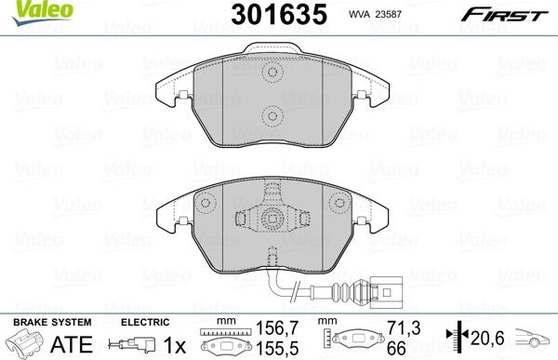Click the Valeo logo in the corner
[42, 13]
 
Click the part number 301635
[279, 14]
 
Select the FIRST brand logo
[504, 15]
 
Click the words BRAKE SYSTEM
[52, 322]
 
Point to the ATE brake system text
[72, 344]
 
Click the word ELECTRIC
[145, 322]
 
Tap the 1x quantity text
[175, 345]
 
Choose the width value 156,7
[277, 327]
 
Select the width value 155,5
[277, 348]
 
